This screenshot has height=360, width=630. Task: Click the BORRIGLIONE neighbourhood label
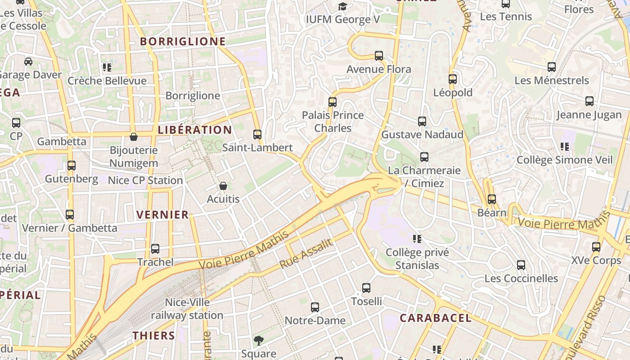point(183,41)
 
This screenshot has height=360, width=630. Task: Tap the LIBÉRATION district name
point(195,130)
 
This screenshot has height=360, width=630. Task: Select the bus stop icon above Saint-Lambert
point(257,135)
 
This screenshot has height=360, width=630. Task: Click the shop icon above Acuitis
point(223,185)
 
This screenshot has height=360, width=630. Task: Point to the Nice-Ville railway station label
point(187,309)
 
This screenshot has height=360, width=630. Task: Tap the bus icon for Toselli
point(366,288)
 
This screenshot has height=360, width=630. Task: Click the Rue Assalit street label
point(306,254)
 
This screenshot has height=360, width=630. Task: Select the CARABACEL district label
point(436,318)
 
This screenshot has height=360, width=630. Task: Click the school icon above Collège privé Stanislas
point(417,239)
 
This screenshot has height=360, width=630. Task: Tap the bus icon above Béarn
point(492,199)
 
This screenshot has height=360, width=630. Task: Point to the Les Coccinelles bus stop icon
point(521,265)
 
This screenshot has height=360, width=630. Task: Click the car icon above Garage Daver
point(28,62)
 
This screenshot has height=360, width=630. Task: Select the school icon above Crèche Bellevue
point(107,68)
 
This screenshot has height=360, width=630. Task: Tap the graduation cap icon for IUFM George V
point(343,6)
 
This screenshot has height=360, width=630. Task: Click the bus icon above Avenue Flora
point(379,56)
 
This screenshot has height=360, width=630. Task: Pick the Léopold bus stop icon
point(453,79)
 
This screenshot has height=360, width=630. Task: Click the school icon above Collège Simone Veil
point(565,147)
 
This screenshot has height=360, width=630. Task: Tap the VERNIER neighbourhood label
point(162,215)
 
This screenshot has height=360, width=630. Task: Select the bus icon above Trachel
point(155,249)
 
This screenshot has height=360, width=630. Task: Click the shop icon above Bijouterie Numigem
point(134,137)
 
